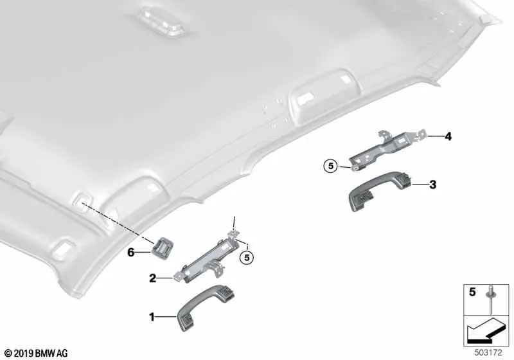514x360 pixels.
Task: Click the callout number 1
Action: pos(152,317)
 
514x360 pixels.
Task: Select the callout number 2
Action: pos(152,279)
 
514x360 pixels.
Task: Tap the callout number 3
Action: pos(433,185)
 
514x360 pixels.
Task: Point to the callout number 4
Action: pos(448,136)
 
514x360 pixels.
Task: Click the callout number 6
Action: pos(131,253)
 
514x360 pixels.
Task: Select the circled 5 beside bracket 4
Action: pos(331,166)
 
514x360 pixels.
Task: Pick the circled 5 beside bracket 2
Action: pos(247,258)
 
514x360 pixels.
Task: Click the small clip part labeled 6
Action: pos(163,248)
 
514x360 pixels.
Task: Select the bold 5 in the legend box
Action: pos(472,292)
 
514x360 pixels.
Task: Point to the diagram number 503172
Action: pos(488,353)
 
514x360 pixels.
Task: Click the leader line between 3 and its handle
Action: pos(420,185)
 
